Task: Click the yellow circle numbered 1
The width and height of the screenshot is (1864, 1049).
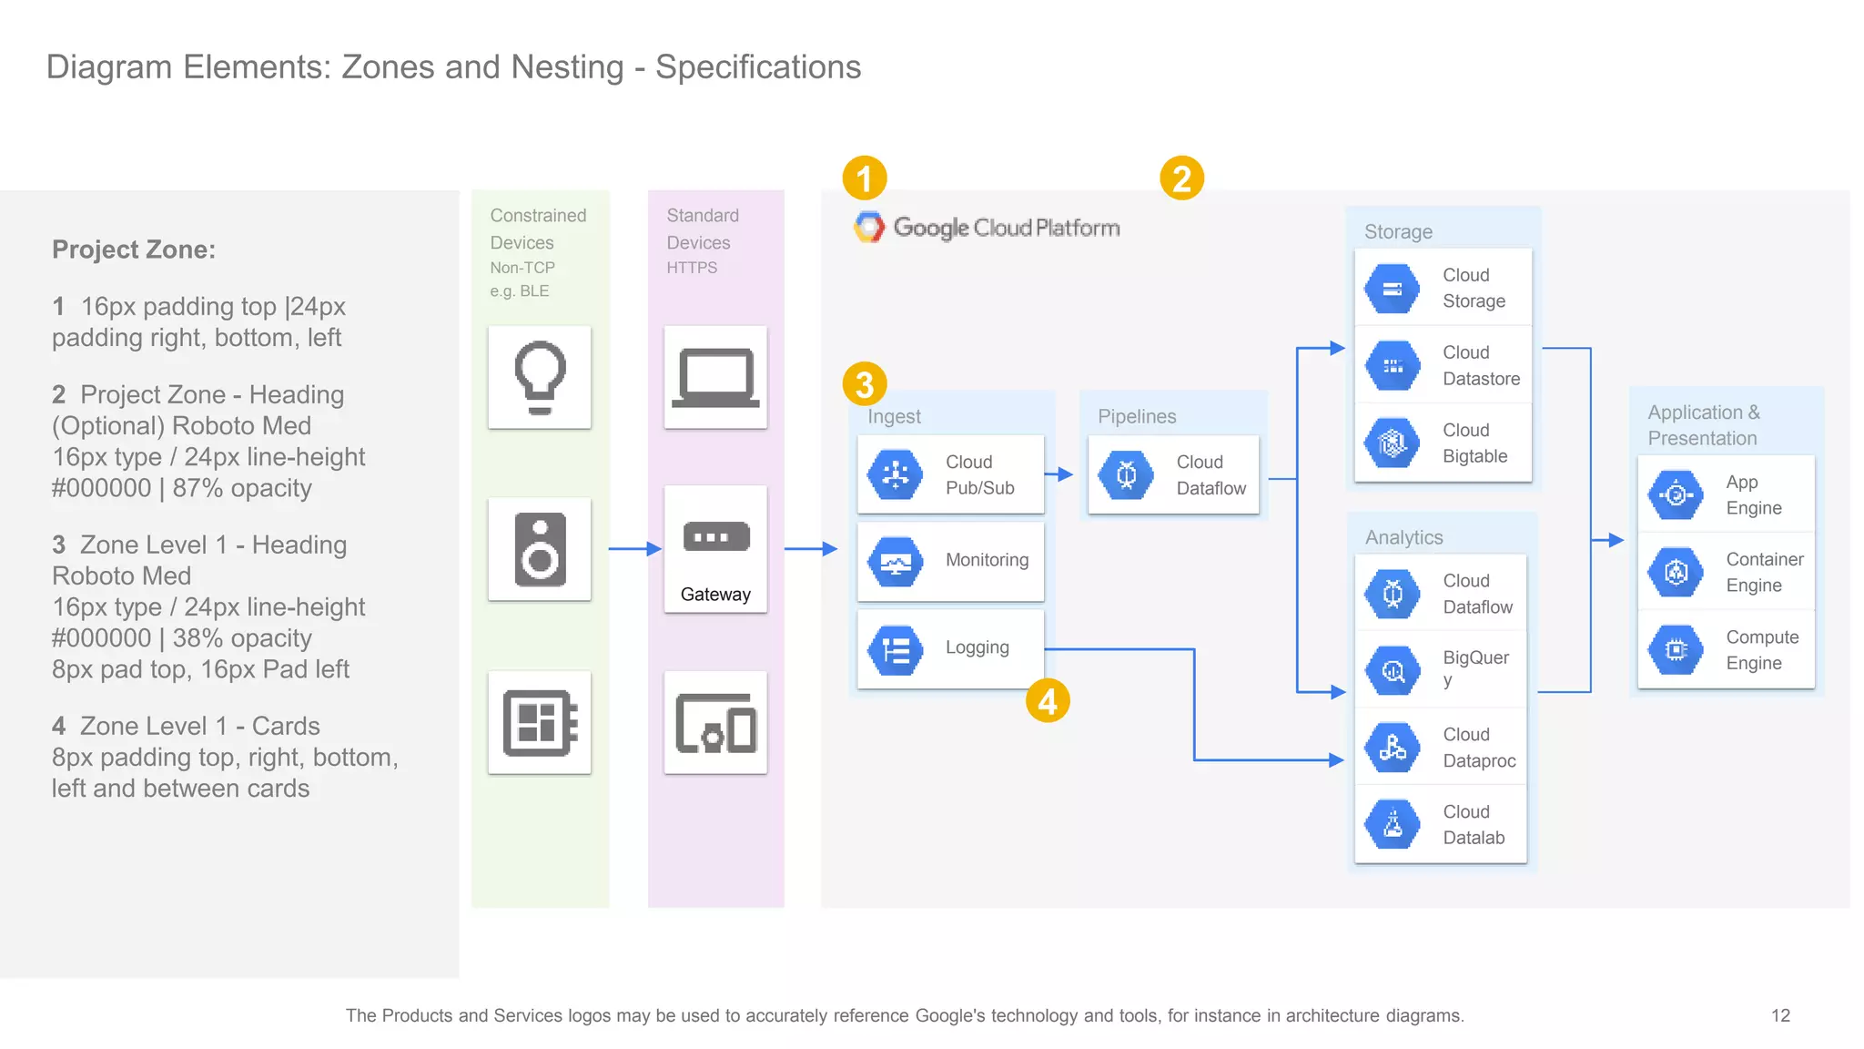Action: click(x=864, y=178)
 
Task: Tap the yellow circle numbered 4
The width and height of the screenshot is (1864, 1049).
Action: click(x=1048, y=701)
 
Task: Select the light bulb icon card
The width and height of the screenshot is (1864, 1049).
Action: click(x=540, y=377)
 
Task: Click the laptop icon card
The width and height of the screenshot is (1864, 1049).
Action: click(x=715, y=377)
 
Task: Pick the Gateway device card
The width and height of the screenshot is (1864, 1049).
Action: click(x=715, y=549)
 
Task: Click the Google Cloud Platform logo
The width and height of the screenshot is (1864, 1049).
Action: click(x=987, y=227)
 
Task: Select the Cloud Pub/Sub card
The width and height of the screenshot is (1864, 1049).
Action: click(x=951, y=474)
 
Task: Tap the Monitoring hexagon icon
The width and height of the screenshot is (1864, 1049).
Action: click(x=896, y=562)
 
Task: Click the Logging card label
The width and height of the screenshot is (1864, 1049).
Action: click(x=977, y=647)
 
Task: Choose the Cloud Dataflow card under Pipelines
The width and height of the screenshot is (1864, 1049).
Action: click(x=1173, y=474)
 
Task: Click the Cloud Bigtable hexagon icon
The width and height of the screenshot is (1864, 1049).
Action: click(x=1392, y=443)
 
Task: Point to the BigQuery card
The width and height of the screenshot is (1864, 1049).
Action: click(x=1441, y=669)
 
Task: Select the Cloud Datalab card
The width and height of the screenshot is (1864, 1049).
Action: click(x=1441, y=824)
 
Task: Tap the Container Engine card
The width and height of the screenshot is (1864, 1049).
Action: click(x=1726, y=572)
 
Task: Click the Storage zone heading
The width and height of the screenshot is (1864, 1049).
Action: click(x=1398, y=231)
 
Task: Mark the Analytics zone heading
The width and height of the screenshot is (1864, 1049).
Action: click(x=1403, y=537)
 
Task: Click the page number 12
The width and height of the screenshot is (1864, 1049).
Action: click(x=1780, y=1015)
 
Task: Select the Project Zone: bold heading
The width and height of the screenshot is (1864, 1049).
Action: click(x=134, y=250)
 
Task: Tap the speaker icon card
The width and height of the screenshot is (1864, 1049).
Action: click(x=540, y=549)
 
